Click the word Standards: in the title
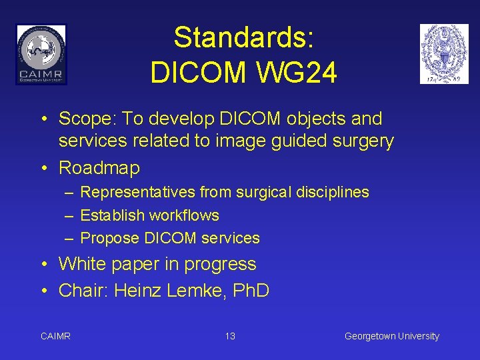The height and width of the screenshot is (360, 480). click(x=243, y=38)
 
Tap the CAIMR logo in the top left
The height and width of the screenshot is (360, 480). click(x=41, y=54)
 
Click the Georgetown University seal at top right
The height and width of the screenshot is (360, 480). click(x=444, y=54)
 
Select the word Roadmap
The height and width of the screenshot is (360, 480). click(x=99, y=169)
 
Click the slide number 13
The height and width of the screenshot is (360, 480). click(x=230, y=336)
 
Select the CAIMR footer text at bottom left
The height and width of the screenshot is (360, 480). click(x=55, y=336)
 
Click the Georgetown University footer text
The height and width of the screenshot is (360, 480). click(x=391, y=336)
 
